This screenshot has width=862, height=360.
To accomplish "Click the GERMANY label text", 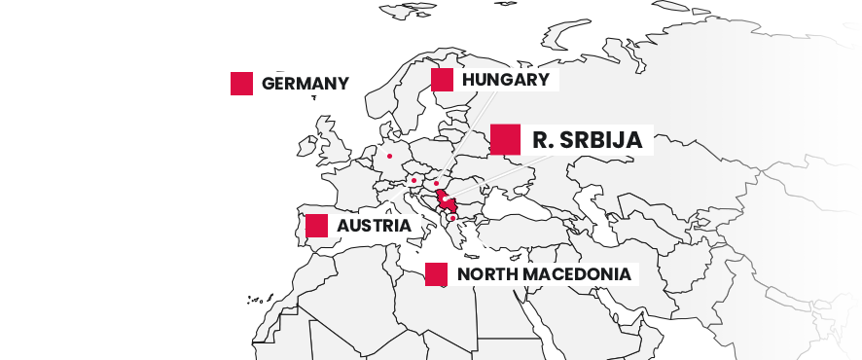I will pyautogui.click(x=305, y=84).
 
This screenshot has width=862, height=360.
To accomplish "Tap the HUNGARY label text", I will pyautogui.click(x=506, y=80).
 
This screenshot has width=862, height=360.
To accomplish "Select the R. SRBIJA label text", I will pyautogui.click(x=587, y=140).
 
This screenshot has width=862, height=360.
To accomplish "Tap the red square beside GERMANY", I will pyautogui.click(x=241, y=84).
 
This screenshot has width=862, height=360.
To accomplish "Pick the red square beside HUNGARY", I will pyautogui.click(x=442, y=80).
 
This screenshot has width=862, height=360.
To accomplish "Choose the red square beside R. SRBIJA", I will pyautogui.click(x=504, y=139).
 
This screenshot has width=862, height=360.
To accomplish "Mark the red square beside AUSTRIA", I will pyautogui.click(x=316, y=226).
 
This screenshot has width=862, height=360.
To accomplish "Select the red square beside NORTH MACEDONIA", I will pyautogui.click(x=437, y=274).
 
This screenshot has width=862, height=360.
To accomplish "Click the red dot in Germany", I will pyautogui.click(x=389, y=156).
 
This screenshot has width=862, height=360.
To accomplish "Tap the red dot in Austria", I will pyautogui.click(x=413, y=180).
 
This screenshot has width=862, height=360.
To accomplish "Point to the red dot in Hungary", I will pyautogui.click(x=437, y=183).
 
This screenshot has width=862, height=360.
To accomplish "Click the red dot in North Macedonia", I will pyautogui.click(x=452, y=218).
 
